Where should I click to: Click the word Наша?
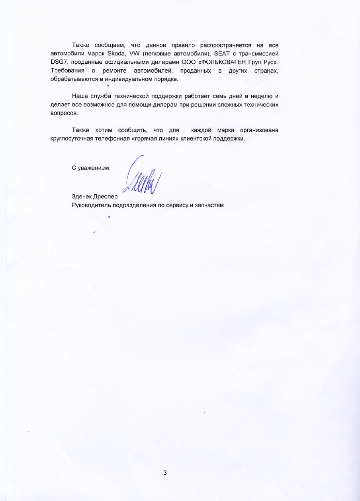point(80,96)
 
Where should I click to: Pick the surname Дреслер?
point(106,197)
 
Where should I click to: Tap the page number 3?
point(165,473)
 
